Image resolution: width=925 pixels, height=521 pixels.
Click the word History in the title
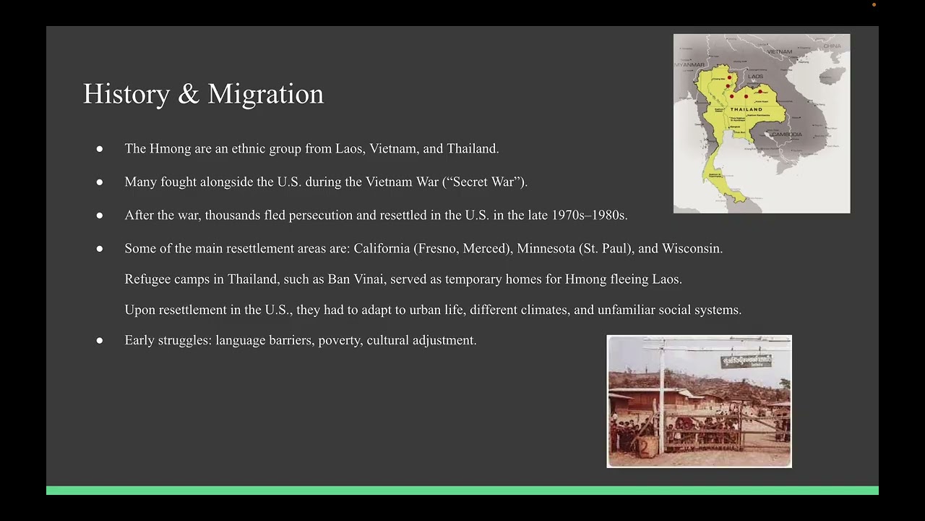tap(126, 94)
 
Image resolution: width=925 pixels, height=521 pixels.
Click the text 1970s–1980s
tap(589, 215)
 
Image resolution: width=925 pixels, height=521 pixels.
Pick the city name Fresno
tap(437, 248)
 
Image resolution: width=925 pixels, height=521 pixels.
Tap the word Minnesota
tap(546, 248)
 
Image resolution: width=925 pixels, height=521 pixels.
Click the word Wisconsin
tap(692, 248)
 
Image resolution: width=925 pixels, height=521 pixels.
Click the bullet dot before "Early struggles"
tap(100, 340)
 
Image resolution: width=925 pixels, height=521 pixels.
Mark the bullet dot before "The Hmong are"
tap(100, 149)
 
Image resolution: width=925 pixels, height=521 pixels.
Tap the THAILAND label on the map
tap(747, 109)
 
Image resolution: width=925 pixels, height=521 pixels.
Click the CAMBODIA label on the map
tap(786, 135)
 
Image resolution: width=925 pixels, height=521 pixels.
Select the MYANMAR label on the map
tap(689, 65)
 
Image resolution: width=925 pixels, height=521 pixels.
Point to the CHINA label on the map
tap(832, 46)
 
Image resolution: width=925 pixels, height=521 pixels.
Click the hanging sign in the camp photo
tap(746, 360)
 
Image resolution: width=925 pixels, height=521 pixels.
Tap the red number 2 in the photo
tap(644, 448)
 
